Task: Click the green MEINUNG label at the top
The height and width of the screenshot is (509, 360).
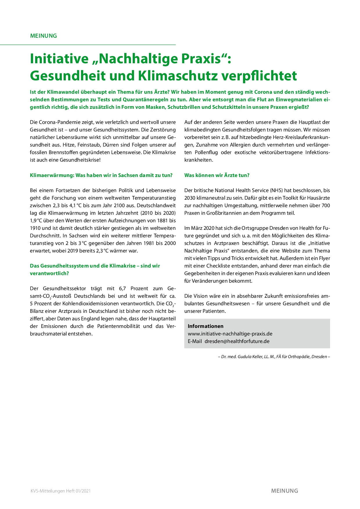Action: click(44, 36)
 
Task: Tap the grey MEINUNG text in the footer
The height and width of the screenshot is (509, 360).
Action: click(285, 491)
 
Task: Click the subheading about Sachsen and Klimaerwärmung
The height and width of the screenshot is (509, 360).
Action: click(101, 175)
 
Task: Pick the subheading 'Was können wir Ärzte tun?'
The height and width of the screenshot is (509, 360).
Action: click(217, 175)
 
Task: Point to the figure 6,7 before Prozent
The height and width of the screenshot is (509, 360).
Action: click(122, 288)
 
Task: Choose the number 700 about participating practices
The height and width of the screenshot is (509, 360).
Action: click(325, 205)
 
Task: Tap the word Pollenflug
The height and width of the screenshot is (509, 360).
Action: click(206, 152)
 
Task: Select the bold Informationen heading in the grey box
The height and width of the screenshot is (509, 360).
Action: click(206, 326)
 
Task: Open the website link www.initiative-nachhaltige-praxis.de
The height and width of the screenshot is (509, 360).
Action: click(230, 334)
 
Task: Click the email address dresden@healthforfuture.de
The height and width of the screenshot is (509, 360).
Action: click(237, 341)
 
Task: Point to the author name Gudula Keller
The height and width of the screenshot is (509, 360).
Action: click(250, 357)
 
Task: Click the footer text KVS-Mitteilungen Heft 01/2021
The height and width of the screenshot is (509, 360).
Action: click(61, 491)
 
